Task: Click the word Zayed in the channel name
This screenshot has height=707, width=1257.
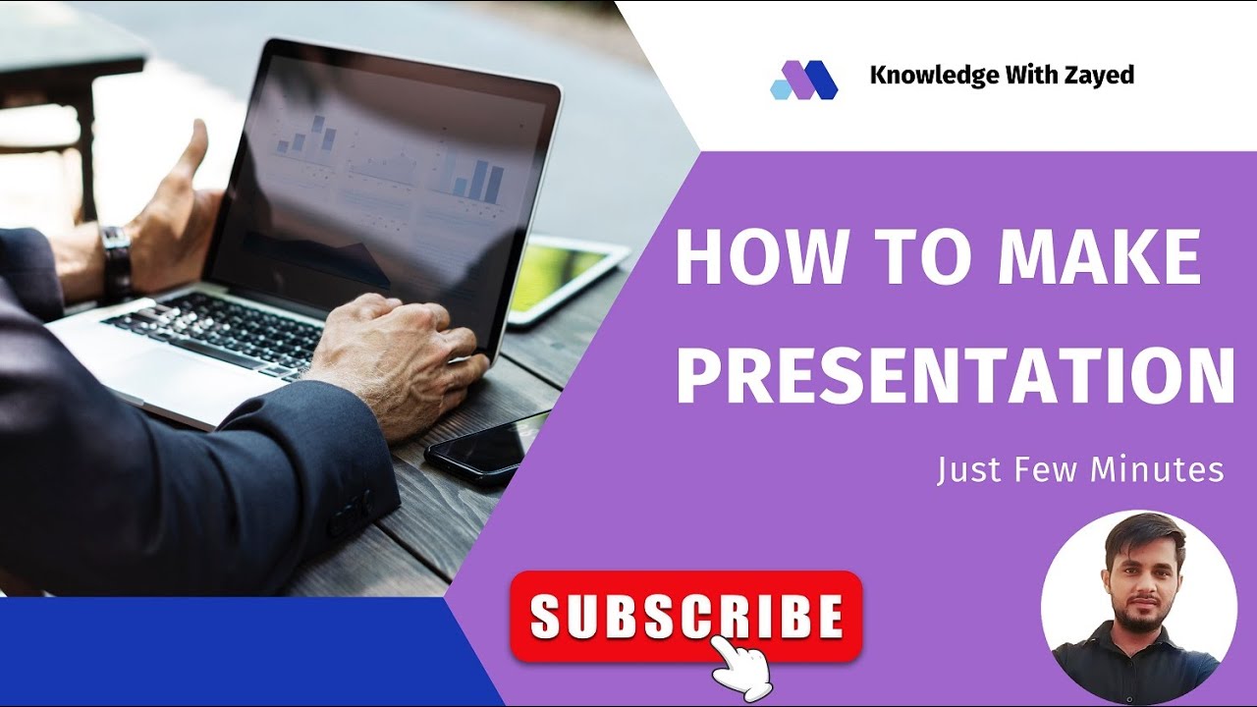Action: pyautogui.click(x=1100, y=76)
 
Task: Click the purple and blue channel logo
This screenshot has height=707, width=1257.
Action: pyautogui.click(x=803, y=80)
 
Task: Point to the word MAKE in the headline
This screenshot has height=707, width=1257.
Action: pyautogui.click(x=1099, y=258)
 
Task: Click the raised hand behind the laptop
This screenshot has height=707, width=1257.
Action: pyautogui.click(x=179, y=201)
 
